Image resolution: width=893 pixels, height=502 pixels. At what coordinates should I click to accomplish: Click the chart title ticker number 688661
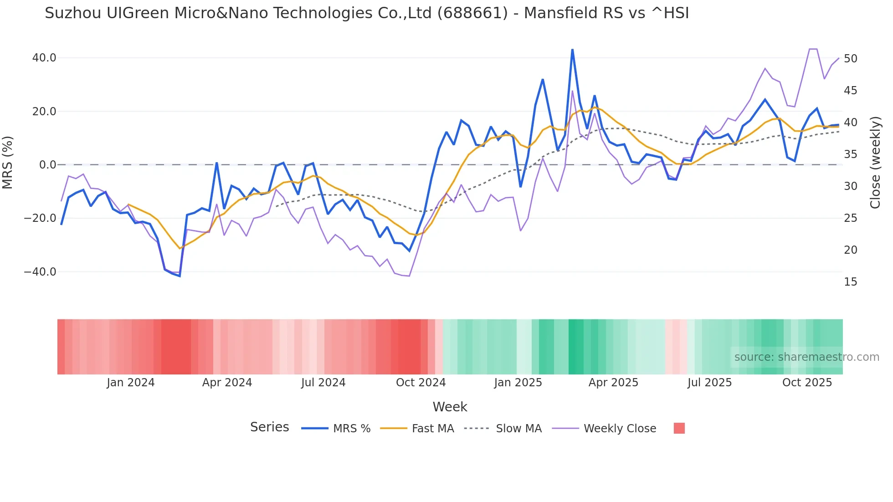coord(472,13)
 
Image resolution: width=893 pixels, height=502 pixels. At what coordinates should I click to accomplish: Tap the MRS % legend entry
coord(351,429)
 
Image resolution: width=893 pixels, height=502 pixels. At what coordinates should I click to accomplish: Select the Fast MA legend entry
coord(432,429)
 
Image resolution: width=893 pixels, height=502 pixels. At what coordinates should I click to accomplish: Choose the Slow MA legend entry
coord(518,429)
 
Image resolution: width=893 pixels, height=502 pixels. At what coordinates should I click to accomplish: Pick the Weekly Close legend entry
coord(620,429)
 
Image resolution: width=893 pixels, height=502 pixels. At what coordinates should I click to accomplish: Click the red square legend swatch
coord(679,428)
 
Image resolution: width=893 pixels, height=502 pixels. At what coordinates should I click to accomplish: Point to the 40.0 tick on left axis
coord(44,58)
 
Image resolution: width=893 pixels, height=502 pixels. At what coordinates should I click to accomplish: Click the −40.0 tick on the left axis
coord(40,272)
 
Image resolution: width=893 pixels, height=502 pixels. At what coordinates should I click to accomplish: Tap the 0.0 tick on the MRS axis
coord(47,165)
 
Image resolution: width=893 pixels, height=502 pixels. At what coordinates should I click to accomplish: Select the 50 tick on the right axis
coord(851,59)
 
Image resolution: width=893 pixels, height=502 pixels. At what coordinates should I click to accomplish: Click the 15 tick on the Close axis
coord(851,282)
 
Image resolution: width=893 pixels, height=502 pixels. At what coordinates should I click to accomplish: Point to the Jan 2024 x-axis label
coord(131,383)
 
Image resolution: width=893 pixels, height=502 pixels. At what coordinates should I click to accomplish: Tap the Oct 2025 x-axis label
coord(807,383)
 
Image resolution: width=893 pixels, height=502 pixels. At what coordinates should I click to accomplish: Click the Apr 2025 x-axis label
coord(613,383)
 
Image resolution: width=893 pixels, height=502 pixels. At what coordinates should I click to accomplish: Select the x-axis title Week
coord(450,407)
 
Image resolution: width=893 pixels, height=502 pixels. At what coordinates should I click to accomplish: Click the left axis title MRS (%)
coord(7,163)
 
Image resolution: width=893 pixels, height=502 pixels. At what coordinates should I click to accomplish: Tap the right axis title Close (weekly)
coord(875,163)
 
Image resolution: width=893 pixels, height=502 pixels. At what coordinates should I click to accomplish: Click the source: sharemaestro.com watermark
coord(806,357)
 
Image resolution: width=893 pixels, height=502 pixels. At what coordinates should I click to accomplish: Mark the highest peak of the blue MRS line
coord(572,50)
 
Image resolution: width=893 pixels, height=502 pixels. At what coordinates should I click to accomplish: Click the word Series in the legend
coord(269,427)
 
